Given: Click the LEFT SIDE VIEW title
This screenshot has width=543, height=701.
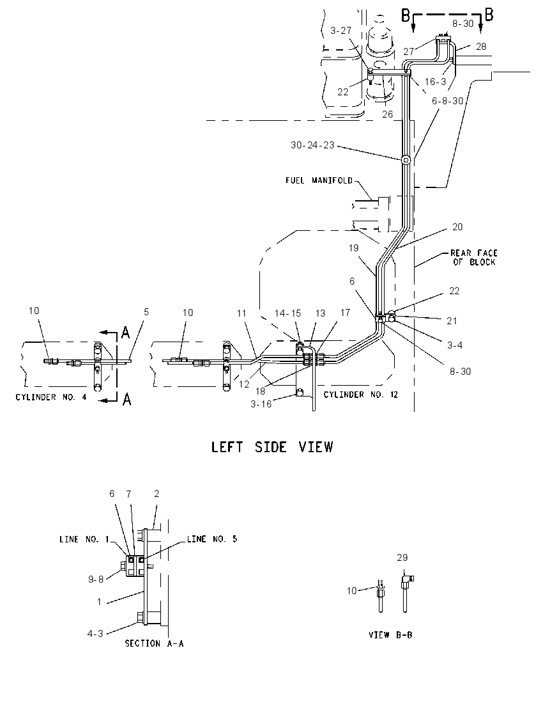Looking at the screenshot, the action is pyautogui.click(x=272, y=446).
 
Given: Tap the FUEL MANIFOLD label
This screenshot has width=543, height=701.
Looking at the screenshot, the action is pyautogui.click(x=319, y=180).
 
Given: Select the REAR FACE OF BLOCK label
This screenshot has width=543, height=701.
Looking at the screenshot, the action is pyautogui.click(x=474, y=258).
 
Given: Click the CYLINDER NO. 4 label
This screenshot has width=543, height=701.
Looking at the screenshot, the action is pyautogui.click(x=51, y=397).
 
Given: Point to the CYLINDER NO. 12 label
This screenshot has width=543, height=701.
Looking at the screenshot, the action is pyautogui.click(x=360, y=394).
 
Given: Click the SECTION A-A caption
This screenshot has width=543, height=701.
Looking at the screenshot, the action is pyautogui.click(x=154, y=643).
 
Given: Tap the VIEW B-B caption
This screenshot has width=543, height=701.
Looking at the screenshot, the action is pyautogui.click(x=390, y=634).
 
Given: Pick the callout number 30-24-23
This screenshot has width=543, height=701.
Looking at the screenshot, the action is pyautogui.click(x=312, y=145).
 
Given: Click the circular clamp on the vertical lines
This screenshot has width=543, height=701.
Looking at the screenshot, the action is pyautogui.click(x=406, y=160).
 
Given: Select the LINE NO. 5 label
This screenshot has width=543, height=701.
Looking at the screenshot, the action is pyautogui.click(x=211, y=539).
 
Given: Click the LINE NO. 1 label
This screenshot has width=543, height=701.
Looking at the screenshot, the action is pyautogui.click(x=84, y=540).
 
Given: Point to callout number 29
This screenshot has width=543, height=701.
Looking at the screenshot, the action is pyautogui.click(x=402, y=558).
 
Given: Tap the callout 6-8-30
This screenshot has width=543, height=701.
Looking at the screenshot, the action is pyautogui.click(x=447, y=101).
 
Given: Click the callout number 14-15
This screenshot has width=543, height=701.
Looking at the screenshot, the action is pyautogui.click(x=287, y=313).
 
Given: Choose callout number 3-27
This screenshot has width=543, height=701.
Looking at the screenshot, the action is pyautogui.click(x=340, y=31).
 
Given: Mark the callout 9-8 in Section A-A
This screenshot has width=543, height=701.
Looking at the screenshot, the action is pyautogui.click(x=96, y=579).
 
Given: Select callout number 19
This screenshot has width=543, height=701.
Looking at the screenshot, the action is pyautogui.click(x=353, y=248).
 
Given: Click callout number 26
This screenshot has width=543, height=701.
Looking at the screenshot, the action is pyautogui.click(x=387, y=114).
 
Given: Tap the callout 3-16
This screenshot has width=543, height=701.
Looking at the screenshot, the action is pyautogui.click(x=261, y=405).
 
